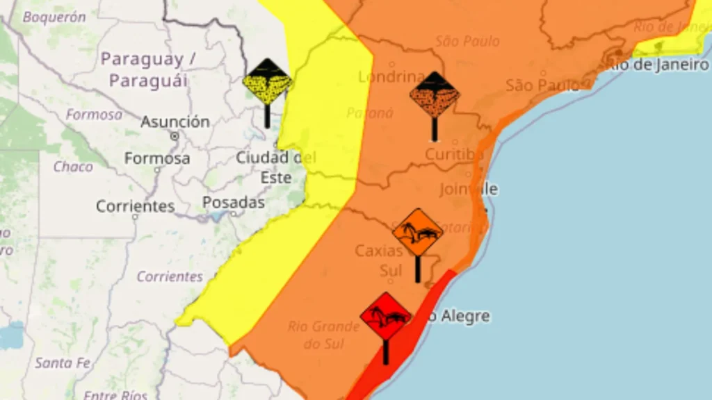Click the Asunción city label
(175, 122)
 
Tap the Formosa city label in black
(157, 158)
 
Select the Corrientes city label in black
(136, 206)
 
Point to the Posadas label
(234, 203)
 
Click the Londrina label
(391, 76)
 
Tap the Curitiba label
(454, 154)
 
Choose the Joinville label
(469, 189)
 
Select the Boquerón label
(54, 17)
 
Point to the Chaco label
(73, 167)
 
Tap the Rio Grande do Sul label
(323, 334)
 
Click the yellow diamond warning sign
(267, 83)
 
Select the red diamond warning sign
(385, 316)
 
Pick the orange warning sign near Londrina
(434, 95)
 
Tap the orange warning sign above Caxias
(417, 233)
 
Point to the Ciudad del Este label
(275, 167)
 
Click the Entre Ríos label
(115, 395)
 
